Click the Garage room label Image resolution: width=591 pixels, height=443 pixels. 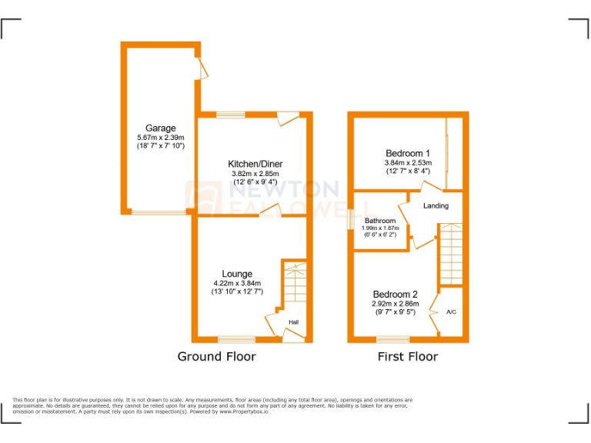[x=161, y=128]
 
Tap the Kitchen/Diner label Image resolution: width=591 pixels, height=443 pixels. [x=254, y=164]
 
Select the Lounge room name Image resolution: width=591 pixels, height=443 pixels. [x=237, y=274]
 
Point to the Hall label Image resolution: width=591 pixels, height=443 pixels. [x=294, y=322]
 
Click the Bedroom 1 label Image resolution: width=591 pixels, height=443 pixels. [x=408, y=153]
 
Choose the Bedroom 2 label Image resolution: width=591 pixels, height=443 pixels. [x=396, y=295]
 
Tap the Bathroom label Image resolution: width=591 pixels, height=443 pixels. [x=380, y=221]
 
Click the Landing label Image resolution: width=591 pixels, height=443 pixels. [x=436, y=205]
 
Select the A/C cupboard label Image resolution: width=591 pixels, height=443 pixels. [x=452, y=313]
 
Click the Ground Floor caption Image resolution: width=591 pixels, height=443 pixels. [x=216, y=356]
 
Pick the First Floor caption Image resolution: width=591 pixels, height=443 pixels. [x=407, y=356]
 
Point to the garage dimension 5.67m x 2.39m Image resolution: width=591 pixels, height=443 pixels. [x=161, y=138]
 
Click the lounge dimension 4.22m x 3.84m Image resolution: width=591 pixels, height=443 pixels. [x=237, y=283]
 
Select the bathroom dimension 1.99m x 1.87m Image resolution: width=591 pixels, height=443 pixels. [x=380, y=228]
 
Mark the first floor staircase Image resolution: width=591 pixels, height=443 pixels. [x=450, y=254]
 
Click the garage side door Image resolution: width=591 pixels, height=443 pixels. [x=202, y=68]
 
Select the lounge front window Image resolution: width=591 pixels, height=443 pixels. [x=236, y=339]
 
